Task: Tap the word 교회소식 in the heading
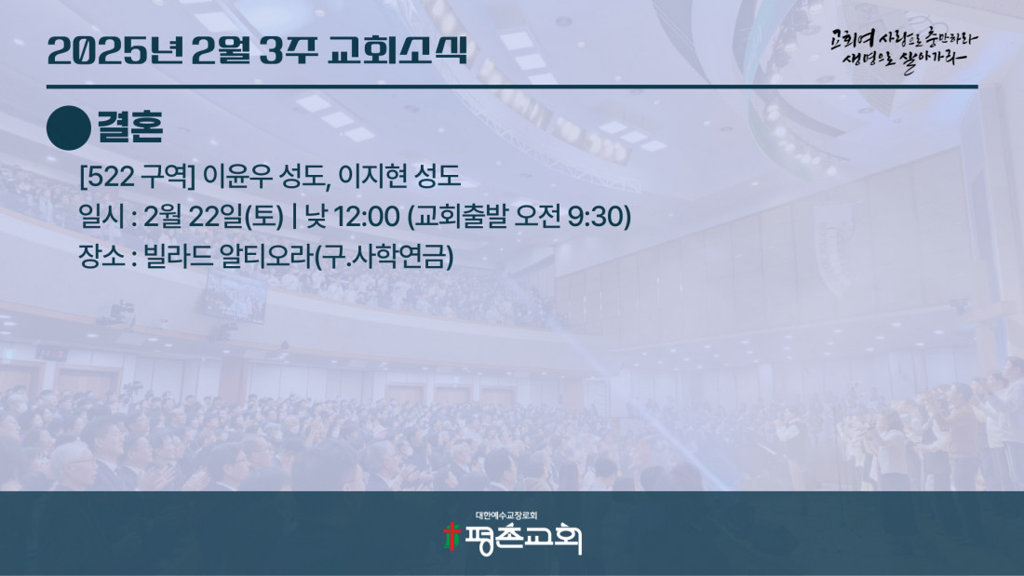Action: click(x=397, y=49)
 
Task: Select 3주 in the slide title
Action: click(x=288, y=50)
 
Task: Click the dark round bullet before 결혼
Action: click(x=69, y=128)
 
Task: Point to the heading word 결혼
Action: click(x=130, y=127)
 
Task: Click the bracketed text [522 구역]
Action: click(x=137, y=176)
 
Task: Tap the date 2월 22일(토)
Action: click(x=213, y=217)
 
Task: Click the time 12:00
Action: click(x=367, y=217)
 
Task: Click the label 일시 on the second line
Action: click(x=101, y=217)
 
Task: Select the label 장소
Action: click(x=101, y=256)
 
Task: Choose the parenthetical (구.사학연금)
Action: click(x=384, y=256)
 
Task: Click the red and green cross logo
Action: click(x=451, y=537)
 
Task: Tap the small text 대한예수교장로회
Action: click(x=506, y=516)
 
